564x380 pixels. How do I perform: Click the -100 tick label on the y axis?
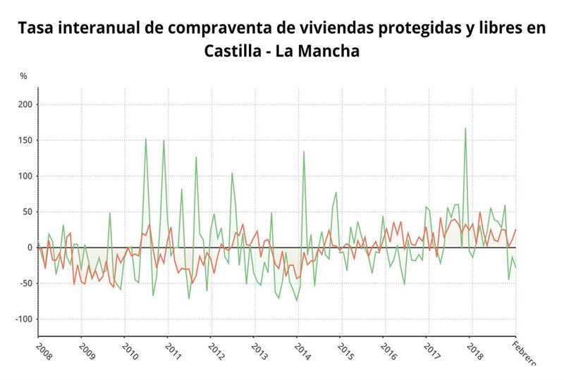(21, 319)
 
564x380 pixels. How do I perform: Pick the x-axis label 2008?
(44, 350)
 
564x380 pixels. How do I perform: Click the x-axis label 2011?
(173, 350)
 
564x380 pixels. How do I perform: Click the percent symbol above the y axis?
(23, 75)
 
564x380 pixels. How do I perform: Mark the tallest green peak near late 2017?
(465, 128)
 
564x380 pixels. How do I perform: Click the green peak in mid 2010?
(146, 139)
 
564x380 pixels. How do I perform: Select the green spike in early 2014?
(304, 152)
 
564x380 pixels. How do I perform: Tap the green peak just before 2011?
(164, 140)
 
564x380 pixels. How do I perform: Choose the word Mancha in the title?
(331, 51)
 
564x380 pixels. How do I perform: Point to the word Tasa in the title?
(36, 29)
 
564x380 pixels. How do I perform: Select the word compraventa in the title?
(211, 29)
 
